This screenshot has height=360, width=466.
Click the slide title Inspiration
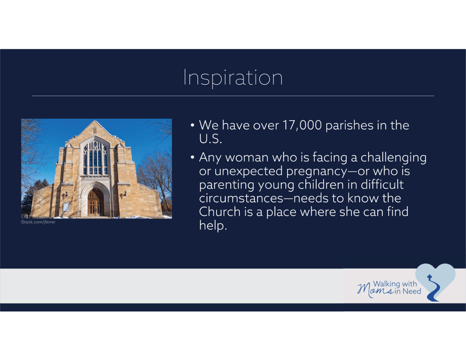tap(233, 77)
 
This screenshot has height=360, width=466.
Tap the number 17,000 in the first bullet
tap(302, 125)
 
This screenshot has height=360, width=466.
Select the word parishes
tap(349, 126)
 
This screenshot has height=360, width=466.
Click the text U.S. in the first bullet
tap(210, 139)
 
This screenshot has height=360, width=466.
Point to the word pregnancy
tap(317, 172)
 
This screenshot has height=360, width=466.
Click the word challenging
tap(394, 158)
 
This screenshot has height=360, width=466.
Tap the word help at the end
tap(213, 225)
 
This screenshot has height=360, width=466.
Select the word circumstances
tap(241, 198)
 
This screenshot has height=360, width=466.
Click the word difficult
tap(382, 185)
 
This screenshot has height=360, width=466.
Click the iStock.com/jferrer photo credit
tap(38, 222)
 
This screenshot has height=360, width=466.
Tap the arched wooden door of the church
tap(96, 202)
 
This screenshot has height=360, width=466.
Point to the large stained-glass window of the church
tap(95, 157)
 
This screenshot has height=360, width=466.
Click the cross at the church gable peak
tap(95, 130)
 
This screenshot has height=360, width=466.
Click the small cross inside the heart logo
tap(430, 277)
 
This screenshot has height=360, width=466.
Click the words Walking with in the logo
tap(395, 284)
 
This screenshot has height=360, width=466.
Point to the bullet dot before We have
tap(192, 125)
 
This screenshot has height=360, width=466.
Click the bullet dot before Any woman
tap(192, 157)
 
